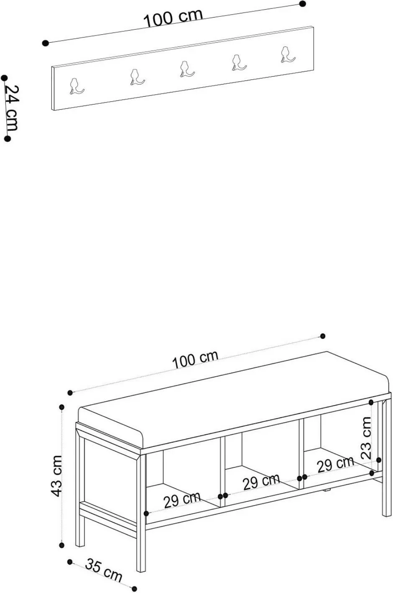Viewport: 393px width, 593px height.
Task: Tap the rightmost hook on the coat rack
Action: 287,54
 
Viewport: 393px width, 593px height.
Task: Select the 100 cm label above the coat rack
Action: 173,18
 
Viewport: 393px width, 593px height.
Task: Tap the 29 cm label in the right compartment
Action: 335,465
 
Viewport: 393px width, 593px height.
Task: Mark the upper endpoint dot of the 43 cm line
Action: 62,407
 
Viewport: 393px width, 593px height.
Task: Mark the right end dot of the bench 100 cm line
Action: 322,336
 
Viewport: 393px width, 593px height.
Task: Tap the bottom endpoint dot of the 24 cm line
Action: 8,139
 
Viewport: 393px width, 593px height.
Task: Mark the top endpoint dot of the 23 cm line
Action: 371,403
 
